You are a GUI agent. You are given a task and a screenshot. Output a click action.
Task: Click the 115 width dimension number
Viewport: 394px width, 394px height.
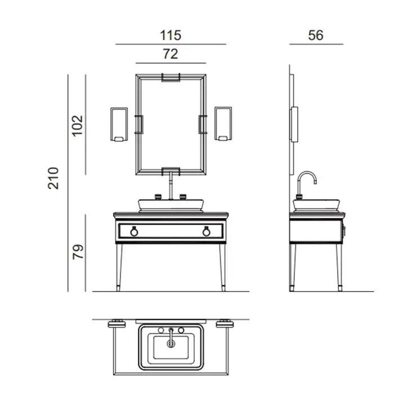point(171,35)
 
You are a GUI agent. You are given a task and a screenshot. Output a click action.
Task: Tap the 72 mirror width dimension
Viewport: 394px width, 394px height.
point(171,54)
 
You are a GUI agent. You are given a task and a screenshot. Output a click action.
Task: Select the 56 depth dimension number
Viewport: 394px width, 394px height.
point(316,35)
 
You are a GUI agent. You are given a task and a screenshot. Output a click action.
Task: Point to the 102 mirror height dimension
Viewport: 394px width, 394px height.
point(78,126)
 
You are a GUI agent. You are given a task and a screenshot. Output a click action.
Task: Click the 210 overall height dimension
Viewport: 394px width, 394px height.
point(53,178)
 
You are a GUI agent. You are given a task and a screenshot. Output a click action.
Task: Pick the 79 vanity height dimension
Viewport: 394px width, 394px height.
point(78,252)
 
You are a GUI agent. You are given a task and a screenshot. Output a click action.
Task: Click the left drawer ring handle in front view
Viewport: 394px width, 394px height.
point(134,231)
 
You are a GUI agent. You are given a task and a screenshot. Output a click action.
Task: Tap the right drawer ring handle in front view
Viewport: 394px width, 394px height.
point(207,231)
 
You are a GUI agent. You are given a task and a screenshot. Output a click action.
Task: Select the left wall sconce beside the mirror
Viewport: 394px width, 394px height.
point(119,124)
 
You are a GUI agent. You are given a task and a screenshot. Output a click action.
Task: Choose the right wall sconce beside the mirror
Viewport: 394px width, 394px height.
point(223,124)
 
